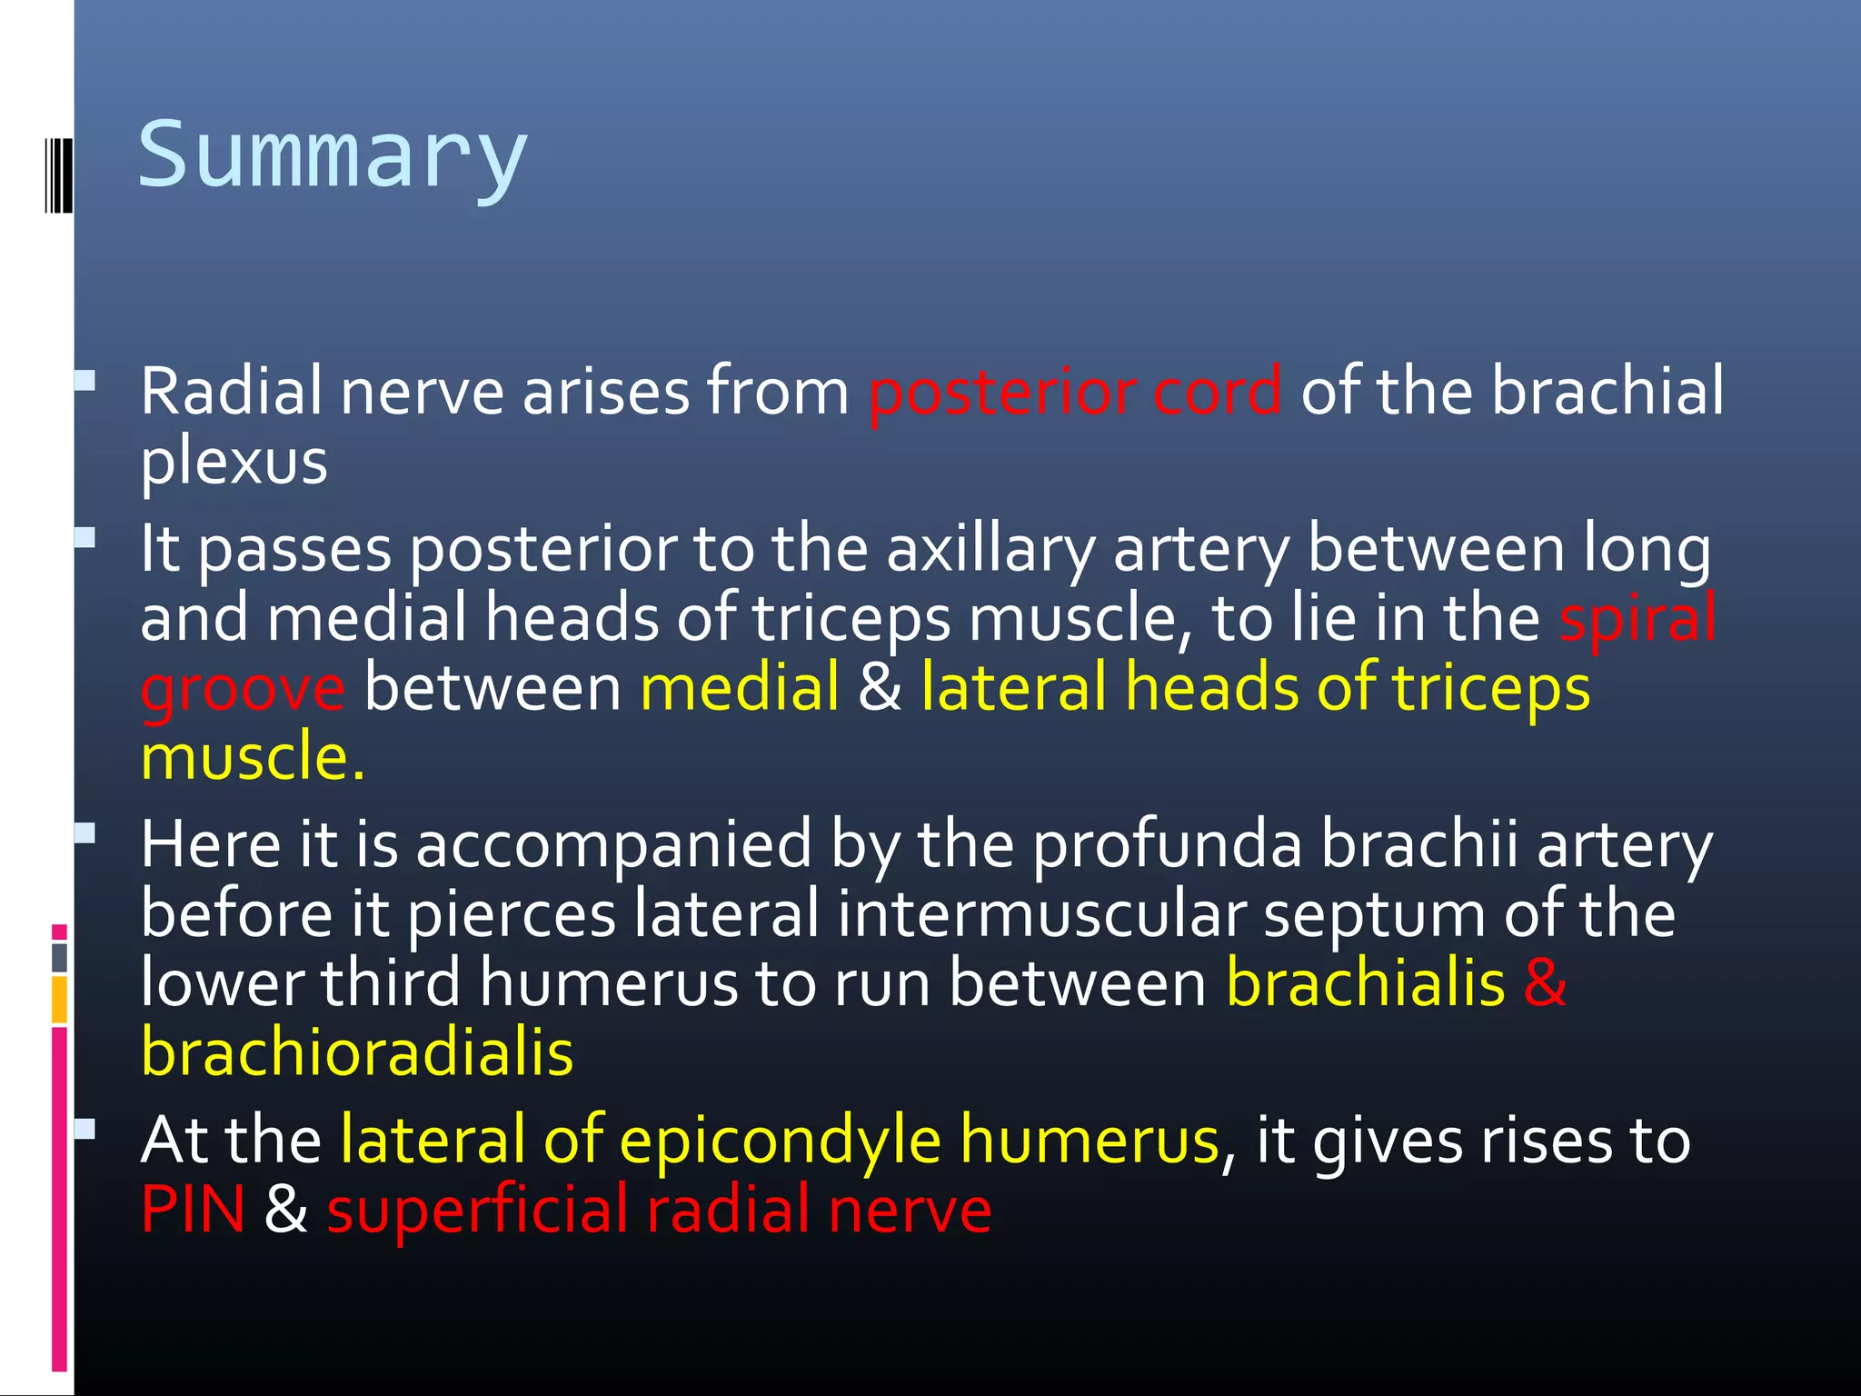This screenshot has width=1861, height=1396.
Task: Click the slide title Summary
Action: [x=333, y=156]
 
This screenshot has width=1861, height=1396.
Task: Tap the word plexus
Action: [x=234, y=463]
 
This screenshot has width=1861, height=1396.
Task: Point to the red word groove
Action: [x=243, y=689]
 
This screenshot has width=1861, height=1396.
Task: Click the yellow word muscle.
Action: [x=253, y=758]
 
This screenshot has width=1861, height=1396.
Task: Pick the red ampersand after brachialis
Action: [x=1545, y=983]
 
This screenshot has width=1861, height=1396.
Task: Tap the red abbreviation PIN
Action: [x=193, y=1210]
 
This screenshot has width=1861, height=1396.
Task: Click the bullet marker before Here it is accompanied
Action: [x=85, y=833]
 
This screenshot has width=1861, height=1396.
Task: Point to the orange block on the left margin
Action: [x=59, y=1000]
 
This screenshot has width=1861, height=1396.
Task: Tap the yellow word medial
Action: [x=740, y=689]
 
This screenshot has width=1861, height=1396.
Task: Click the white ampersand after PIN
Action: [x=285, y=1210]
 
